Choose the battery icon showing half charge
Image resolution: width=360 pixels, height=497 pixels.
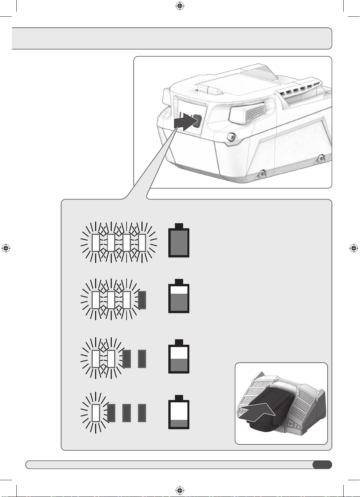(x=179, y=357)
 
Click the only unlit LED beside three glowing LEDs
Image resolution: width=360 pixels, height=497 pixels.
(x=142, y=300)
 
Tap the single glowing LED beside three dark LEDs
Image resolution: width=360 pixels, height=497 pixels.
(x=96, y=413)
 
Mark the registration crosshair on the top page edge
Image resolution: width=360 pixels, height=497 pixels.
(x=180, y=5)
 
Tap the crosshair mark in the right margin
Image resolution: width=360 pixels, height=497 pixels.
(x=353, y=248)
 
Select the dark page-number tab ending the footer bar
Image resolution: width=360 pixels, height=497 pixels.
(x=322, y=464)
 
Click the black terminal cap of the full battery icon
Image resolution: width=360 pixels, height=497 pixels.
(x=179, y=226)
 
